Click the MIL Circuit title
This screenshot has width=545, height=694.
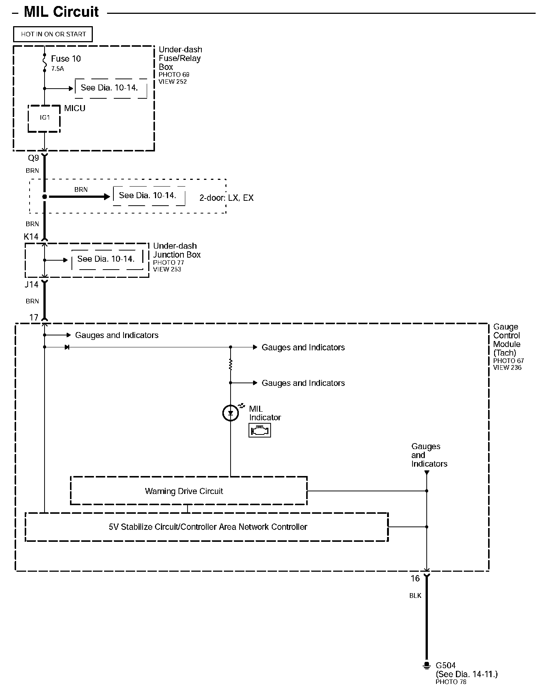point(61,12)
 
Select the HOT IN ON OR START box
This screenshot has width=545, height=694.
point(53,34)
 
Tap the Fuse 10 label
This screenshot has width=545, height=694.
point(66,59)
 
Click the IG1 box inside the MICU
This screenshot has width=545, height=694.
point(45,118)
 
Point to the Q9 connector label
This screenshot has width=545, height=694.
point(33,158)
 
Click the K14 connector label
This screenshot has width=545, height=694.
point(31,237)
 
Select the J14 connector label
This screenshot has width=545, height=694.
point(31,285)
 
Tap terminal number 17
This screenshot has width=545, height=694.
point(34,317)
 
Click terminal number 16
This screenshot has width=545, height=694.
point(415,578)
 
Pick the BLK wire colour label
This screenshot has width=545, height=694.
point(415,596)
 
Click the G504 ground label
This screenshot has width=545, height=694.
point(445,666)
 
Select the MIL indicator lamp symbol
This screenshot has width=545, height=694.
point(231,413)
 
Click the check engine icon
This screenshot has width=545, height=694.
point(259,431)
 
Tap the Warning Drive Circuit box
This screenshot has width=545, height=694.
point(189,491)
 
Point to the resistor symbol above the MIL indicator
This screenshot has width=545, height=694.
point(231,365)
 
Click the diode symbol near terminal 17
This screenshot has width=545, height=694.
point(67,347)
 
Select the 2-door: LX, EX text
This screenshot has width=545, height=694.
point(226,198)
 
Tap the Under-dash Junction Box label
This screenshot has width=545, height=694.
point(176,250)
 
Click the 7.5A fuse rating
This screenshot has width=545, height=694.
point(58,69)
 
